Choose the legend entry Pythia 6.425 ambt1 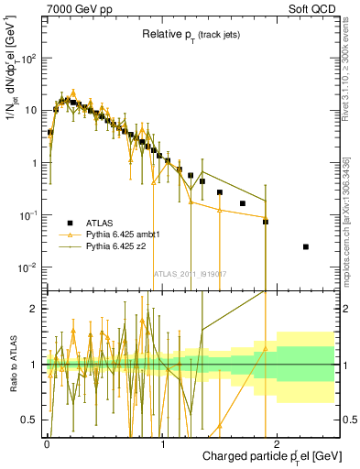[x=127, y=234]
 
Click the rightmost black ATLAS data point [x=306, y=246]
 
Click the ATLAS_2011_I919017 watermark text [x=191, y=274]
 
